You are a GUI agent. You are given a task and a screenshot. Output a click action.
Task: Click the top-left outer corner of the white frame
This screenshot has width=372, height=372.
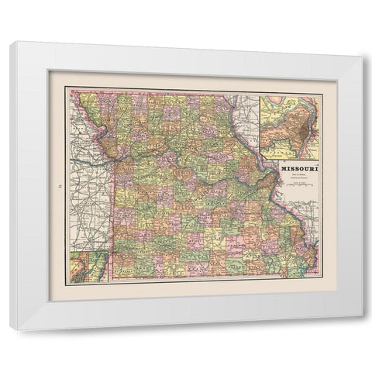pos(10,43)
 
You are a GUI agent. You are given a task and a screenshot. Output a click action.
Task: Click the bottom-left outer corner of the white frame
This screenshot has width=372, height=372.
pos(10,330)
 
